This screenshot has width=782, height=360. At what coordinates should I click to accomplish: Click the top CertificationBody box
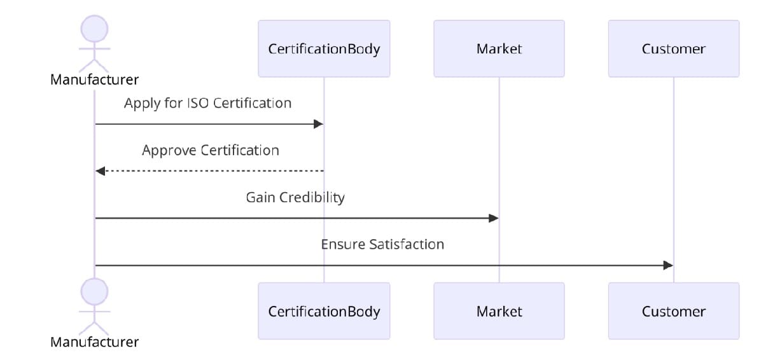[x=324, y=49]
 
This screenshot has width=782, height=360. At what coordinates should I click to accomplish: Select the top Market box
[x=499, y=49]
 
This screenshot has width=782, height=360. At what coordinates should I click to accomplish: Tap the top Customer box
[x=673, y=49]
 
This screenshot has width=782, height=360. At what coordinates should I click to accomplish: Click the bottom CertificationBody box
[x=324, y=311]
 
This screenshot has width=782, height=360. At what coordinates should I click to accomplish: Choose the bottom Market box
[x=499, y=311]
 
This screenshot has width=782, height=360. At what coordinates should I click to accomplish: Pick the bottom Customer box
[x=673, y=311]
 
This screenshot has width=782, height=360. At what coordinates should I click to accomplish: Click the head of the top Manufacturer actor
[x=94, y=29]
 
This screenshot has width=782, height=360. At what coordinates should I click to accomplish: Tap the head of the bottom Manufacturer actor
[x=94, y=292]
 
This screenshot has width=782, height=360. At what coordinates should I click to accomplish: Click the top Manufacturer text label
[x=94, y=80]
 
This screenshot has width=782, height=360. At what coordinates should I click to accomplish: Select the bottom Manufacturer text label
[x=94, y=342]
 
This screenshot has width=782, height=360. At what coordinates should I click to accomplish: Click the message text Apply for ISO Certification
[x=207, y=103]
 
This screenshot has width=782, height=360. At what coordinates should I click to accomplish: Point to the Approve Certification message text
[x=210, y=151]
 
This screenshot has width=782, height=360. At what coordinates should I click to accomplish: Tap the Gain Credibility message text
[x=295, y=198]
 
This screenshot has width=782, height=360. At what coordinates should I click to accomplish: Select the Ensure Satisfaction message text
[x=382, y=245]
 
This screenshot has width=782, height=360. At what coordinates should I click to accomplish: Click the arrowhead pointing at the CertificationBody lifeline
[x=319, y=124]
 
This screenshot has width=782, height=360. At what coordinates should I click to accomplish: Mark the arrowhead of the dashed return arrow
[x=100, y=171]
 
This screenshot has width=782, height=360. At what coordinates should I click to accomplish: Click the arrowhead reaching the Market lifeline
[x=494, y=218]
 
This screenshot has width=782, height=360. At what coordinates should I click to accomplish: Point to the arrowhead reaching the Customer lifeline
[x=668, y=265]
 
